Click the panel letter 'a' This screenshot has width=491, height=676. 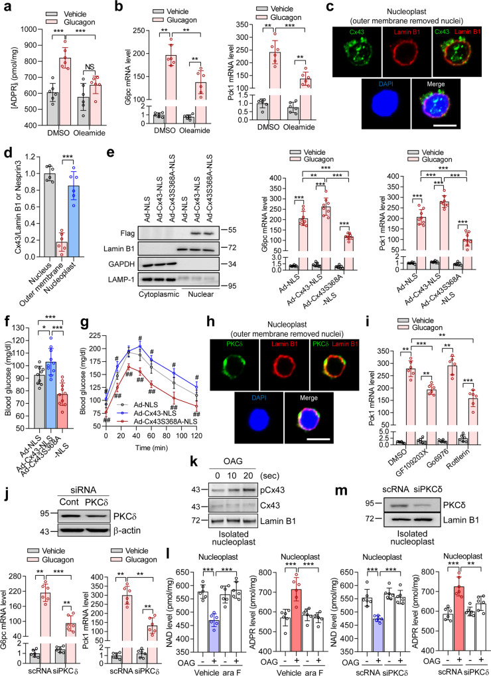point(6,6)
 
